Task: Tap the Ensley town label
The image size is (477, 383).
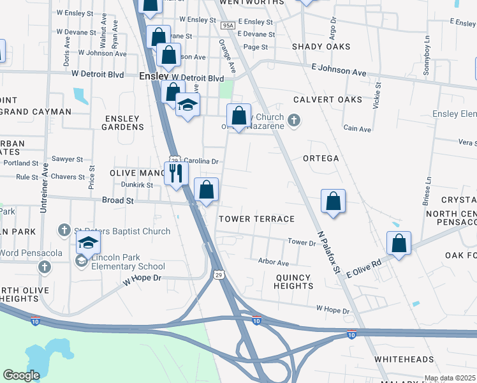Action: click(153, 76)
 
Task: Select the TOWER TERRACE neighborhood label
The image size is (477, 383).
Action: click(256, 219)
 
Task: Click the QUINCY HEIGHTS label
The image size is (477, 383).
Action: click(293, 282)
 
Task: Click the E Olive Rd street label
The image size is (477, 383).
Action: click(363, 268)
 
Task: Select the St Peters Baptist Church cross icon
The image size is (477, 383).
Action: click(64, 229)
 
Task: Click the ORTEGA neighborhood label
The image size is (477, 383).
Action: click(321, 158)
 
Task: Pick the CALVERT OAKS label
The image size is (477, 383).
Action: click(328, 100)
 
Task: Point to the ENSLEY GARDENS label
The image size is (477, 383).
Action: click(122, 122)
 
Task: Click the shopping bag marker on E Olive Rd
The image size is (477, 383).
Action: click(399, 244)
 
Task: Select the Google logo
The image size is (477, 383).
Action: click(22, 375)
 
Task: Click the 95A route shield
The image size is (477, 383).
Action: click(228, 26)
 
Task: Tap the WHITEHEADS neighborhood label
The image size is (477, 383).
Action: click(404, 359)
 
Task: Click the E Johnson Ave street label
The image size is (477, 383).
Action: click(339, 70)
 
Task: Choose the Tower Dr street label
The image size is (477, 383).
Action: click(302, 243)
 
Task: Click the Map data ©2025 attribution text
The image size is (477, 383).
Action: click(450, 378)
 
